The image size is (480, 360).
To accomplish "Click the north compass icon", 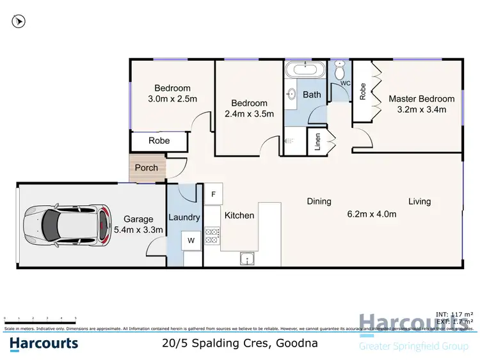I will [19, 21].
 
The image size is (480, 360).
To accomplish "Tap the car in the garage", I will [64, 224].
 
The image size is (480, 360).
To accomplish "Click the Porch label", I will [146, 168].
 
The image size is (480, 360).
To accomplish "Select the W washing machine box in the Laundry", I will [191, 241].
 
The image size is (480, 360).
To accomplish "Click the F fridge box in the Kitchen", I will [212, 193].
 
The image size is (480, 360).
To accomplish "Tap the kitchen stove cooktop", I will [212, 236].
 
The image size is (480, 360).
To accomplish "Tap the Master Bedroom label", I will [421, 98].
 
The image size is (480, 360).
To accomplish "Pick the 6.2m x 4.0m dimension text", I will [372, 214].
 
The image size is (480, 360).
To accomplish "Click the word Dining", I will [319, 201].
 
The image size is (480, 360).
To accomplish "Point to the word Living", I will [419, 201].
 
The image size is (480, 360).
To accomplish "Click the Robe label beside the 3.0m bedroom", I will [159, 140].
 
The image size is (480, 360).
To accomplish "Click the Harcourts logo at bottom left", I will [44, 343].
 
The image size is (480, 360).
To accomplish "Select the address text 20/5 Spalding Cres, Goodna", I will [239, 343].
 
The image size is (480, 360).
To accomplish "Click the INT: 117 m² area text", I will [454, 314].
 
